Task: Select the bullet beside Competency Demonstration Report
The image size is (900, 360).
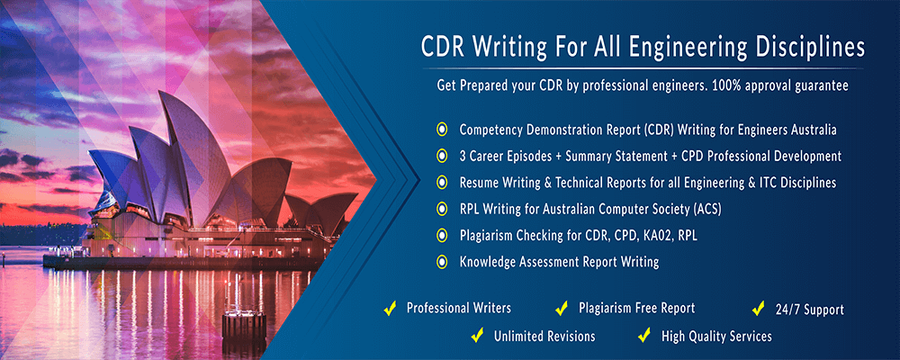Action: (x=441, y=129)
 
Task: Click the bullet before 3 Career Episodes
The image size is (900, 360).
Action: (x=441, y=156)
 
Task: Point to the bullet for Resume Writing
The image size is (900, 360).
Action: (x=441, y=182)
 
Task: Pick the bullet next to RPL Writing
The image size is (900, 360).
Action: (x=441, y=209)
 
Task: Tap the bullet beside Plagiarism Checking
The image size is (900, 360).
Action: (x=441, y=236)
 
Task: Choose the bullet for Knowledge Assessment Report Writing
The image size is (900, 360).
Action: (x=441, y=262)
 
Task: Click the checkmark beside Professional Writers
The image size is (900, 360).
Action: (x=390, y=309)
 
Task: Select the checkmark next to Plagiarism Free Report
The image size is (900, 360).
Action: (x=561, y=309)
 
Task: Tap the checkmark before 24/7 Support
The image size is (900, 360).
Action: (x=758, y=310)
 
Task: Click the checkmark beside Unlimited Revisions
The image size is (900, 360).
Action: (x=477, y=337)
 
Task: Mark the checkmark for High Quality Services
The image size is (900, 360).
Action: (x=643, y=337)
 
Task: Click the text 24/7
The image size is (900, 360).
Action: (x=790, y=310)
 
